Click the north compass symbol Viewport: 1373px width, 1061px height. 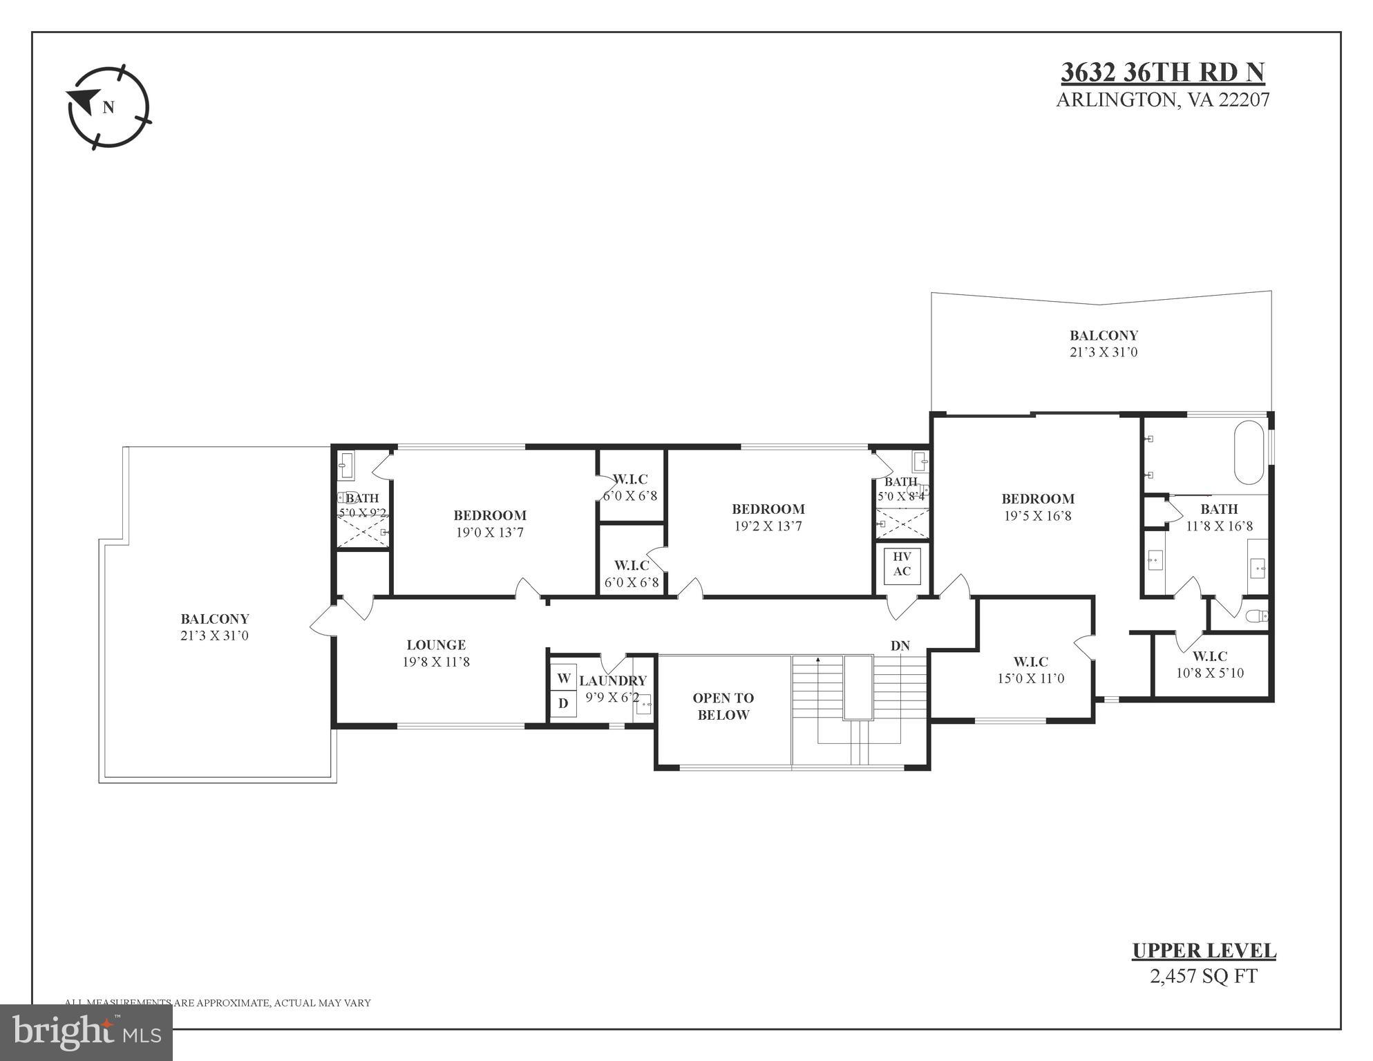(x=108, y=107)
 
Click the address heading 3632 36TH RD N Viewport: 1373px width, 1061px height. (x=1162, y=73)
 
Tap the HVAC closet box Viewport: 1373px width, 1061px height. (x=902, y=564)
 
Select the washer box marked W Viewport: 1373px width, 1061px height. (x=563, y=678)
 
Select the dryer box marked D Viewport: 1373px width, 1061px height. (x=563, y=704)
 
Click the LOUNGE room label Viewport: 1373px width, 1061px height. (x=436, y=645)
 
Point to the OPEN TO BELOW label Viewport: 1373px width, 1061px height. (x=723, y=707)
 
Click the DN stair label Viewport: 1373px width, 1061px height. (x=900, y=646)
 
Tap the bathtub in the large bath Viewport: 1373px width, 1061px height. (x=1249, y=452)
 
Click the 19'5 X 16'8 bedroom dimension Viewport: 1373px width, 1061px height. (x=1037, y=516)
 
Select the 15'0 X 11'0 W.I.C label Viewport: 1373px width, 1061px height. (x=1030, y=678)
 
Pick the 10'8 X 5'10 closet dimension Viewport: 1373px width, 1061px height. (x=1209, y=673)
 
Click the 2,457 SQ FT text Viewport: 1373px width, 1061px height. (x=1203, y=976)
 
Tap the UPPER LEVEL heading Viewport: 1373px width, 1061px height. (x=1203, y=950)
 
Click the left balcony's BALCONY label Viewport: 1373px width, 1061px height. (x=215, y=619)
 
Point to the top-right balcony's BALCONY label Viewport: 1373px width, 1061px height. (x=1104, y=336)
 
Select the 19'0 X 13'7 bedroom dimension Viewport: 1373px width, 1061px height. (x=489, y=533)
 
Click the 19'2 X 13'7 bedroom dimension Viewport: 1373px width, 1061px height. (x=768, y=526)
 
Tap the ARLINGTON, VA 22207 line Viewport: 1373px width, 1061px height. (x=1162, y=100)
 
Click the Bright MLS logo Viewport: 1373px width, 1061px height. (x=86, y=1032)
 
